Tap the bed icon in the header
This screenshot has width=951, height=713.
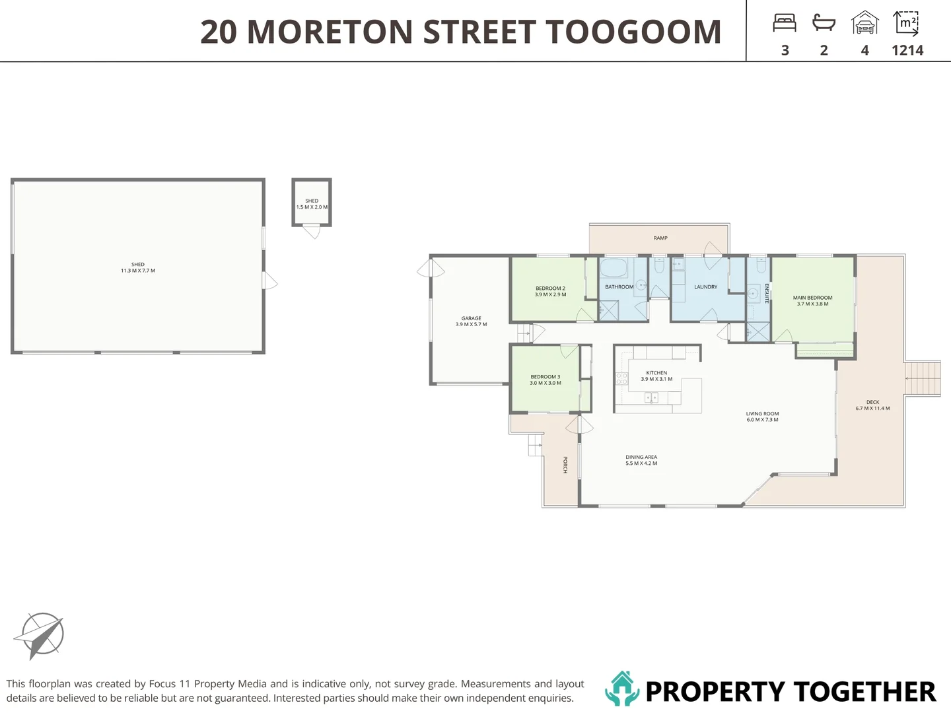785,23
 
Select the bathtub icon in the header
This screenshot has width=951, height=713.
824,22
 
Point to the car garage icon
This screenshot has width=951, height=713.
864,22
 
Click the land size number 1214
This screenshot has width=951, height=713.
907,51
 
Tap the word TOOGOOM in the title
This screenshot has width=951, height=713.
633,32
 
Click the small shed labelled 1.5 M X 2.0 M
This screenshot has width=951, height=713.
312,202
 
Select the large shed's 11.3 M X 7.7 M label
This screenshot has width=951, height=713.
138,271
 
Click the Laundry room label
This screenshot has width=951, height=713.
705,287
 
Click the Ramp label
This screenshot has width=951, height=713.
660,238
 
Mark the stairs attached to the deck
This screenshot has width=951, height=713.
923,378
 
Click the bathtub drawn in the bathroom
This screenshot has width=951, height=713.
614,269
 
